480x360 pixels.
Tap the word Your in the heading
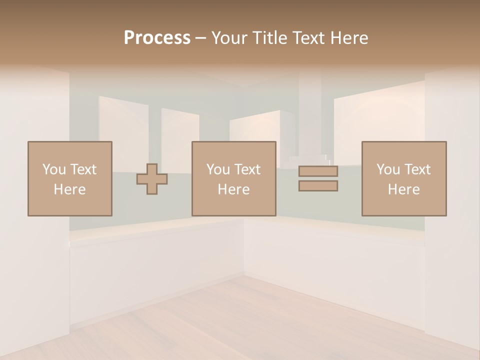click(x=229, y=38)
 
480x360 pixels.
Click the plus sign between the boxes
click(x=152, y=179)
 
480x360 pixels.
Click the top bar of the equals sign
click(x=318, y=171)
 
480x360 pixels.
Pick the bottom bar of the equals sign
click(x=318, y=186)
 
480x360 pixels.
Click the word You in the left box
click(x=53, y=169)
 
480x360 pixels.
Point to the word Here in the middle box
click(x=234, y=189)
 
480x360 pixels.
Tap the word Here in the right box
click(x=404, y=189)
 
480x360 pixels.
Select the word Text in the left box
click(x=83, y=169)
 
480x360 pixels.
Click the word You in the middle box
click(x=217, y=169)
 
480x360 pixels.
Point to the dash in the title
click(x=201, y=38)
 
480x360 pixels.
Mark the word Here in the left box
click(x=70, y=189)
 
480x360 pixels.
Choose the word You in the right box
click(x=387, y=169)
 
